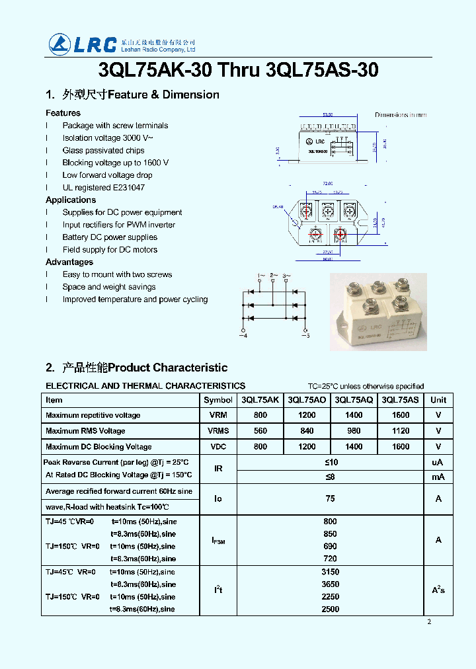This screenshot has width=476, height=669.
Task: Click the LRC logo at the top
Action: click(83, 44)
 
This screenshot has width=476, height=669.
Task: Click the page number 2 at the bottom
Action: click(429, 621)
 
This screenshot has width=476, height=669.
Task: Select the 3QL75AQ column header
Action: click(354, 400)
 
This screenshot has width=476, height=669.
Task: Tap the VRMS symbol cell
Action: click(218, 431)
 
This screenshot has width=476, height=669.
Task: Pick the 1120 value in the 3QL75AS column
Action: click(401, 431)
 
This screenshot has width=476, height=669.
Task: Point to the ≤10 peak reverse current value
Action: click(331, 462)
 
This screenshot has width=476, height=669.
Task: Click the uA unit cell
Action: click(438, 462)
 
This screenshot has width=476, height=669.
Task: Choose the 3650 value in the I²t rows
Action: click(330, 584)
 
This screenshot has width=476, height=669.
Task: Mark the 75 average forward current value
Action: click(330, 499)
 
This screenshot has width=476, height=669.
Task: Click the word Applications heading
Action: click(71, 200)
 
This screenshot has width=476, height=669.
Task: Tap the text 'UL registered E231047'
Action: click(104, 188)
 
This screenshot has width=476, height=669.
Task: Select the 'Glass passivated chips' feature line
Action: click(103, 150)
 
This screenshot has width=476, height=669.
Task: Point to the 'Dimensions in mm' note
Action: click(401, 115)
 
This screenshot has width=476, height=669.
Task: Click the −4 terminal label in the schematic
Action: click(243, 336)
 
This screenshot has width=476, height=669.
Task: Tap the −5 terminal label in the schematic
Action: click(305, 336)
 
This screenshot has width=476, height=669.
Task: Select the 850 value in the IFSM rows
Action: click(330, 534)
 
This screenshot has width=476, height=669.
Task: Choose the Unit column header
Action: click(438, 400)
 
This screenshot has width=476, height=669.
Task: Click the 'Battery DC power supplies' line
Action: click(110, 237)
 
